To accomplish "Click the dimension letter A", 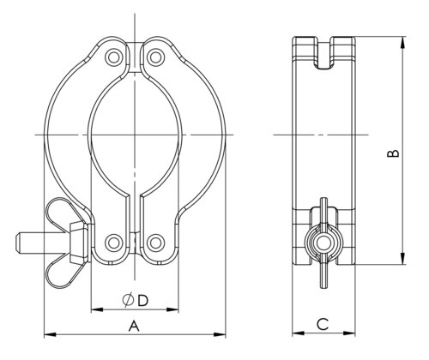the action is (134, 326).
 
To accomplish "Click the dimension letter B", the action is (393, 153).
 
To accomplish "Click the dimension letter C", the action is (323, 324).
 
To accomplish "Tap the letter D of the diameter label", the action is (142, 301).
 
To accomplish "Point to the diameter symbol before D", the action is (128, 300).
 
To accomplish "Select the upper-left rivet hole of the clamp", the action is (113, 57).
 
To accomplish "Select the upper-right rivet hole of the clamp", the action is (155, 57).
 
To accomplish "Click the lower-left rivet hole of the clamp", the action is (113, 243).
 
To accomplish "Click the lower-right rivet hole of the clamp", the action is (155, 243).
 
